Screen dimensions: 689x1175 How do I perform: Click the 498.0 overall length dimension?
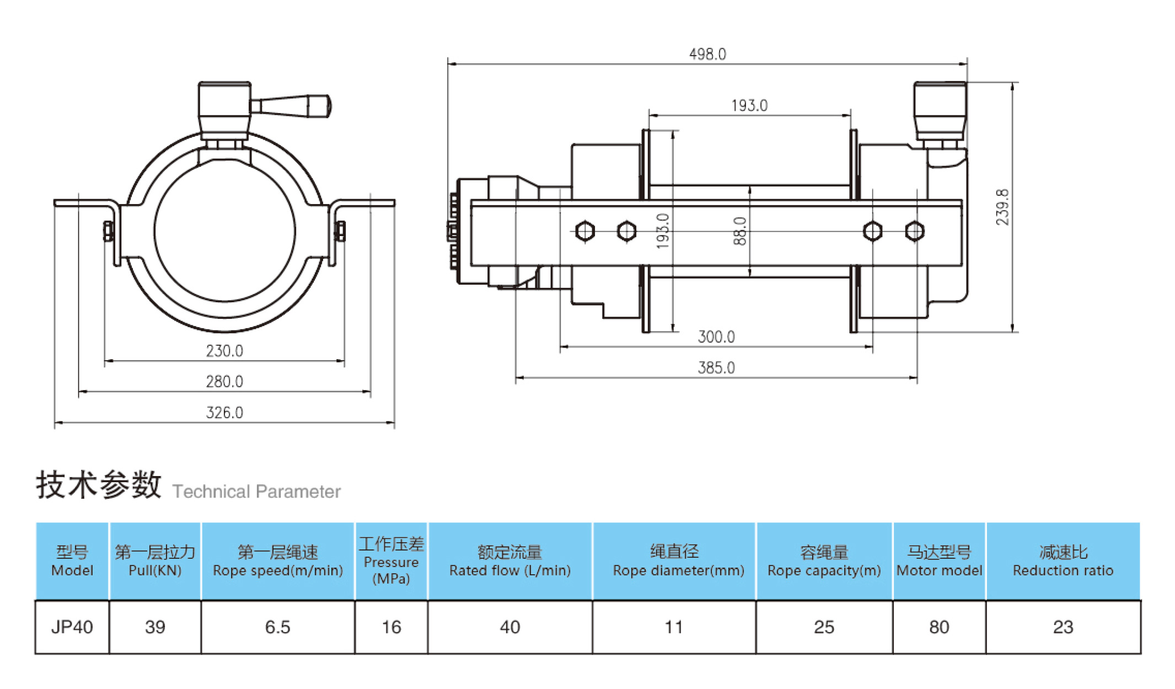(x=707, y=54)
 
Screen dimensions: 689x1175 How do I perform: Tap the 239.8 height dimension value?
(x=1002, y=207)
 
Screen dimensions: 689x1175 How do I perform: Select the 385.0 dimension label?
(x=716, y=368)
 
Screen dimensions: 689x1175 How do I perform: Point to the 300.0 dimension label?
(x=716, y=337)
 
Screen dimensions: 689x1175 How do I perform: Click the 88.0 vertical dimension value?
(x=740, y=231)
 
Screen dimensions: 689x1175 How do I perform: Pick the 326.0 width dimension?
(x=224, y=413)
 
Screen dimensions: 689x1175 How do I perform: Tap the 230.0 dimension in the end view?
(x=224, y=351)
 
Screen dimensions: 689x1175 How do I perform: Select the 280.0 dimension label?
(x=224, y=382)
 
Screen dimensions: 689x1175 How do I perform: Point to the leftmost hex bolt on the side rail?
(x=584, y=231)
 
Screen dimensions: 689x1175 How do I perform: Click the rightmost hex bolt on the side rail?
(x=915, y=231)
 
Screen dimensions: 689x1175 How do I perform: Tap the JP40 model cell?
(x=72, y=627)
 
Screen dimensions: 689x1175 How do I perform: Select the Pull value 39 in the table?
(x=155, y=627)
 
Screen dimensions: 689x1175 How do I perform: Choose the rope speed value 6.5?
(x=277, y=627)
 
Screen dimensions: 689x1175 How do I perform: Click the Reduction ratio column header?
(x=1063, y=561)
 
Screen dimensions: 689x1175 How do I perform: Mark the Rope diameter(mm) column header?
(x=674, y=561)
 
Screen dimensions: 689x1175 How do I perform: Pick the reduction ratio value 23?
(x=1063, y=627)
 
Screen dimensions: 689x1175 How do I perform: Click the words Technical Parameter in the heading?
(x=256, y=492)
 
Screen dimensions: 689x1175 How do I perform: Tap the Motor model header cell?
(x=939, y=561)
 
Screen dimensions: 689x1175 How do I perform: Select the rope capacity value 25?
(x=824, y=627)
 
